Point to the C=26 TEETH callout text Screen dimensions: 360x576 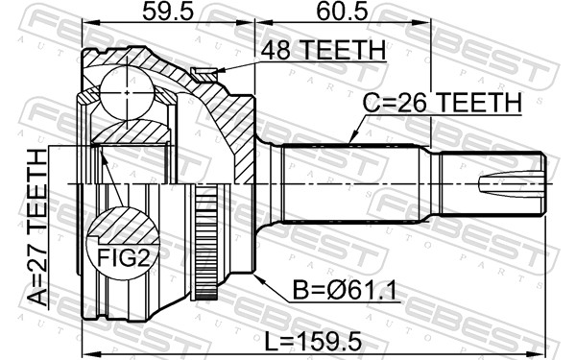pos(441,103)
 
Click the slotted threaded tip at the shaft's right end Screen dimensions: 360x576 pos(518,183)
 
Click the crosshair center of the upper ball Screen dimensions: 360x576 pos(127,88)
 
